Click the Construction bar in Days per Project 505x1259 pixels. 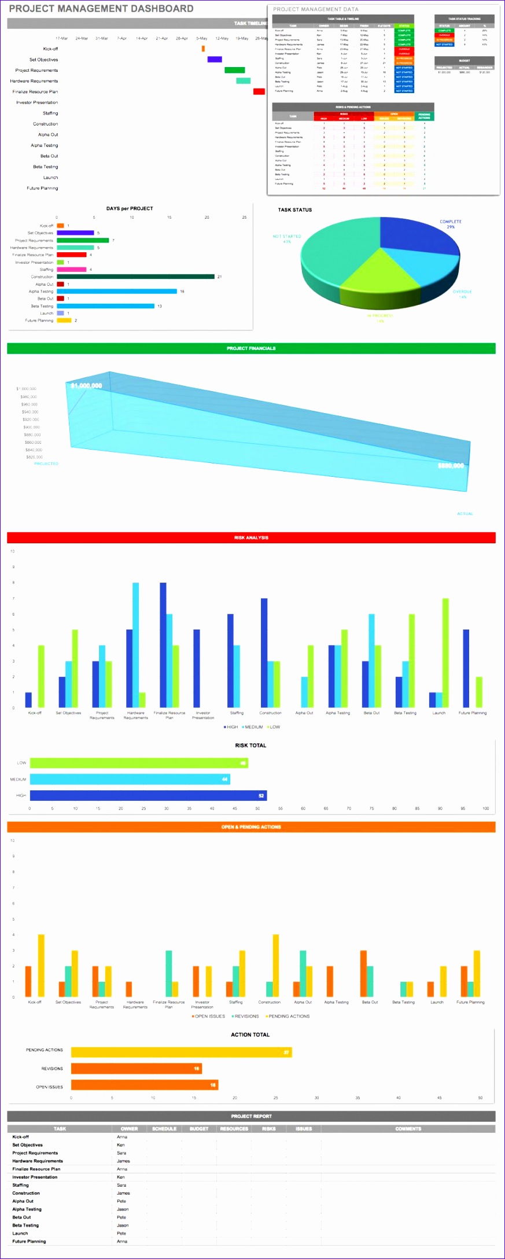coord(135,277)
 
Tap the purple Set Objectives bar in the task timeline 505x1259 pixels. coord(215,59)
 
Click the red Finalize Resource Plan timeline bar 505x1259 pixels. coord(259,91)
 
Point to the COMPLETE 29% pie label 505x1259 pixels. coord(451,224)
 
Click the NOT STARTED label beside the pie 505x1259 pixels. coord(287,237)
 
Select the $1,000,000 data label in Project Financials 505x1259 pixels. coord(86,386)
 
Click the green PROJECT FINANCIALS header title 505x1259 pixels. coord(251,348)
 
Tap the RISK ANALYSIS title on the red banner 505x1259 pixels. coord(251,538)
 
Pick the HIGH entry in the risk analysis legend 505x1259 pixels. coord(231,727)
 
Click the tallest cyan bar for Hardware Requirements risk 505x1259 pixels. coord(135,645)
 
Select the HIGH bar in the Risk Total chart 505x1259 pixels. coord(148,796)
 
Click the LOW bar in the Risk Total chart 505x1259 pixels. coord(139,763)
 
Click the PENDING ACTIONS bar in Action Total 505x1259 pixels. coord(181,1052)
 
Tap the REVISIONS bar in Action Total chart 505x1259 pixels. coord(136,1068)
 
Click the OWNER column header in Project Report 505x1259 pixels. coord(129,1128)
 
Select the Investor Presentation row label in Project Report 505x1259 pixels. coord(35,1177)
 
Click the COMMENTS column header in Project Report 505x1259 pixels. coord(408,1128)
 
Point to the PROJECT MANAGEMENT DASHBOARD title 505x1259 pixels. coord(101,9)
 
